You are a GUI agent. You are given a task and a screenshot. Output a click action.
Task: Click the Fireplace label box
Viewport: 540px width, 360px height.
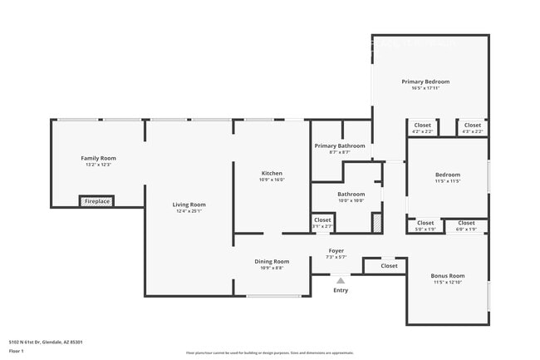[98, 201]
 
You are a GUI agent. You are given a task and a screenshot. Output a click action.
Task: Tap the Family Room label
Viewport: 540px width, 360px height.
[98, 158]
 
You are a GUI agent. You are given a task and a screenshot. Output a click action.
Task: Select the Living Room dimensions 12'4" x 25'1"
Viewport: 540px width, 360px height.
[189, 211]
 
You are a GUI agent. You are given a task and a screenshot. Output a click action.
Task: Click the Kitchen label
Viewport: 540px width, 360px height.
[272, 173]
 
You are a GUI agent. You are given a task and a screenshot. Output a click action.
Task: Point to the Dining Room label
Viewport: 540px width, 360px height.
[272, 261]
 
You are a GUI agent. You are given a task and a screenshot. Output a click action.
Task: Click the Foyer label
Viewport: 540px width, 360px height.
[336, 250]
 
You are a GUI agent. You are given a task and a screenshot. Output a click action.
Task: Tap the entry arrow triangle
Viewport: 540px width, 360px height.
[340, 281]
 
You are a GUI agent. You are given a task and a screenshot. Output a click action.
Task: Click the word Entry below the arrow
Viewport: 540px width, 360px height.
[341, 290]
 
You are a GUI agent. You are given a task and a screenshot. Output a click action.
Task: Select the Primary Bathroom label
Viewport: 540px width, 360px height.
[340, 145]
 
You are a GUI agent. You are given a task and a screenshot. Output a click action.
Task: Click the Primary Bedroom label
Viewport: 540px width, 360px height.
[425, 81]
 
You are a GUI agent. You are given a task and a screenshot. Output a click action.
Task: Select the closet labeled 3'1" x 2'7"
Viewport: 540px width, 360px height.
[322, 222]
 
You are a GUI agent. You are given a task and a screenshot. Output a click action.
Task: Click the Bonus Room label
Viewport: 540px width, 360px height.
[447, 275]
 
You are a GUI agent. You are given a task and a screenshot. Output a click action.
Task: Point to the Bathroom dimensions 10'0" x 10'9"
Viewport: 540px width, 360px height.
[351, 200]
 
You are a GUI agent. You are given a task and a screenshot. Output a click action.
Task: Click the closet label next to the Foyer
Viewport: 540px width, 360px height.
[389, 266]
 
